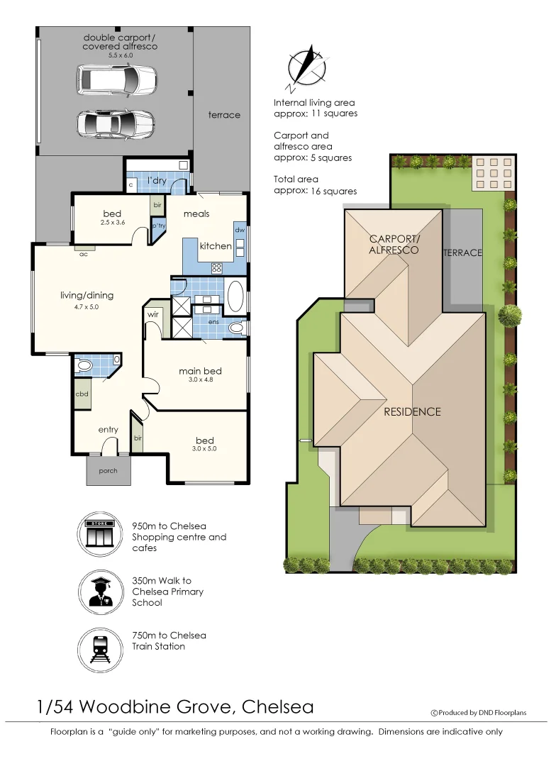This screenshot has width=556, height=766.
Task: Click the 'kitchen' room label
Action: pos(215,246)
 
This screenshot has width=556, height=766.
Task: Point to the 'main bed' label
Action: pos(200,371)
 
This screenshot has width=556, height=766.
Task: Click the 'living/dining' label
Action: pos(87,296)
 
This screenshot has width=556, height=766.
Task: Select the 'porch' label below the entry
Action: pos(109,470)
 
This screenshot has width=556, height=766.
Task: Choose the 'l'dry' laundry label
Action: pos(157,181)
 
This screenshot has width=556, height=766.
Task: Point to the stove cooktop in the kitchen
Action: pos(217,267)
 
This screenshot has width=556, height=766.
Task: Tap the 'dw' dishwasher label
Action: pos(240,230)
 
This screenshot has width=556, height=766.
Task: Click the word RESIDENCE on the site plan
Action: pos(412,411)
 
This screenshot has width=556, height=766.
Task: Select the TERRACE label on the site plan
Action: pos(462,252)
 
